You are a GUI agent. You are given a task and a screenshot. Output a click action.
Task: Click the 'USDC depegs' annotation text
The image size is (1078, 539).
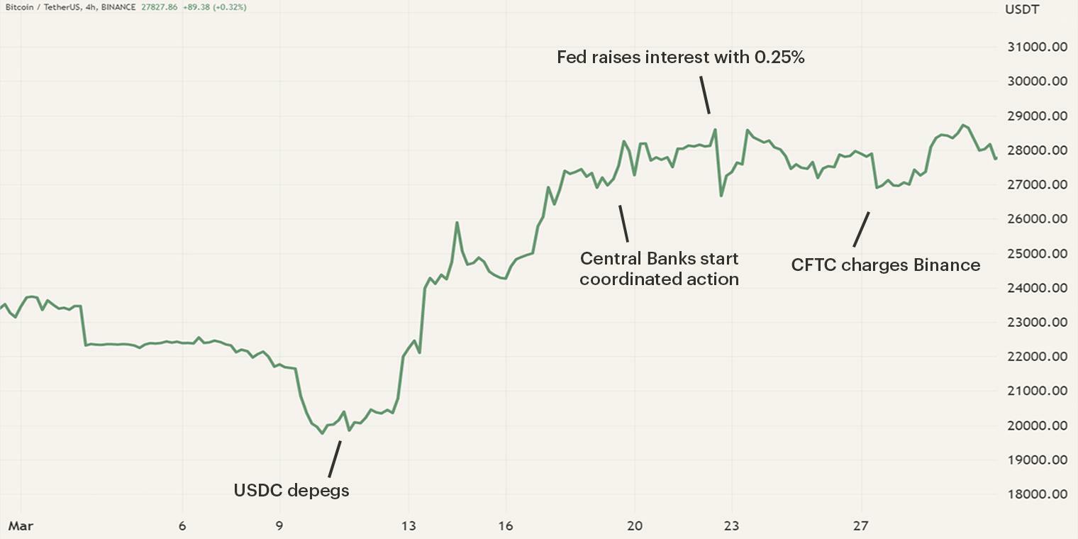tap(291, 490)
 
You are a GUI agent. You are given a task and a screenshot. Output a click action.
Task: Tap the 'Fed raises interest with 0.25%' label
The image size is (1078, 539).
tap(680, 57)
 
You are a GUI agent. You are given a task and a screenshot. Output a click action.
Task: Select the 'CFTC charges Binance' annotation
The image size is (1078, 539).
tap(886, 265)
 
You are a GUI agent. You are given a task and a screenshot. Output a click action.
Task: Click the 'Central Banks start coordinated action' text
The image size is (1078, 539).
tap(659, 269)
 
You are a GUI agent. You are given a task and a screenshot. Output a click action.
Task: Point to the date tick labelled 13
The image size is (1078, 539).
tap(409, 526)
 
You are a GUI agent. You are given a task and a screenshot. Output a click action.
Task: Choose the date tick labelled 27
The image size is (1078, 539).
tap(861, 526)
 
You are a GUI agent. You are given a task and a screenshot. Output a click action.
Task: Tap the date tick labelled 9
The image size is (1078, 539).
tap(279, 526)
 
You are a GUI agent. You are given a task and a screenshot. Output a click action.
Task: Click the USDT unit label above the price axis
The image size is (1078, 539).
tap(1022, 9)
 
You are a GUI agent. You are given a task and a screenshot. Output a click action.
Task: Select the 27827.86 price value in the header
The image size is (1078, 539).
tap(159, 7)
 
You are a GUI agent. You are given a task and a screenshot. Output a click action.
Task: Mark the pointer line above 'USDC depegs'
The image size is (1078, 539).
tap(334, 459)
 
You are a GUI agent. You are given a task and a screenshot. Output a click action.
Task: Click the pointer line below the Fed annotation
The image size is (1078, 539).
tap(704, 95)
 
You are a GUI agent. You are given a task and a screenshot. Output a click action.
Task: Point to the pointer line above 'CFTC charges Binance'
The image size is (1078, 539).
tap(861, 229)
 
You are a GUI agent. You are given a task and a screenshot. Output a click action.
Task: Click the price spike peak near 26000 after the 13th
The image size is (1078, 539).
tap(457, 223)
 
